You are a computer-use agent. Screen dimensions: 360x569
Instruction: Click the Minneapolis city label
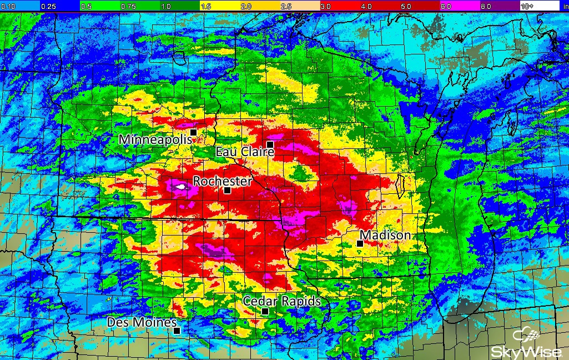155,139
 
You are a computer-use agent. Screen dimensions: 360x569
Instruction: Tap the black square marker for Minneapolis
193,132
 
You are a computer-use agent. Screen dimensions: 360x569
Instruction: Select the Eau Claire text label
245,152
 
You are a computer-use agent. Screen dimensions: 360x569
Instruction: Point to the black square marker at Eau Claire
270,144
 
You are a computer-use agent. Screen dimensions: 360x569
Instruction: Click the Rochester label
222,181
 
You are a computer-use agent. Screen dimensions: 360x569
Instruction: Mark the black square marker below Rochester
227,190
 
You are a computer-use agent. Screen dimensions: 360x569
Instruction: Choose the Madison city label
386,236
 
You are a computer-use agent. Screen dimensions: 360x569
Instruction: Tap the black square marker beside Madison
360,243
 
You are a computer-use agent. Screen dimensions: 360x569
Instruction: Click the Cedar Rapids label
282,301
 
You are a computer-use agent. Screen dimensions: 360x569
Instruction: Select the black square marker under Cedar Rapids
265,312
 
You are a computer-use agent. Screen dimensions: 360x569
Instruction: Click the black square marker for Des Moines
177,331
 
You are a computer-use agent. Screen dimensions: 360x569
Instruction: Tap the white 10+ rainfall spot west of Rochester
180,188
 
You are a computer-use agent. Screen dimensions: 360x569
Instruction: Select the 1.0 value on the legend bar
165,6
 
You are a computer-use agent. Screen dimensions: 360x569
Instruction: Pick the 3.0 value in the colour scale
325,6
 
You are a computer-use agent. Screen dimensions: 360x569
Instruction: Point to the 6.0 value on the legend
445,6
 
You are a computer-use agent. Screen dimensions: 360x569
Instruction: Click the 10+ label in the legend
527,6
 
